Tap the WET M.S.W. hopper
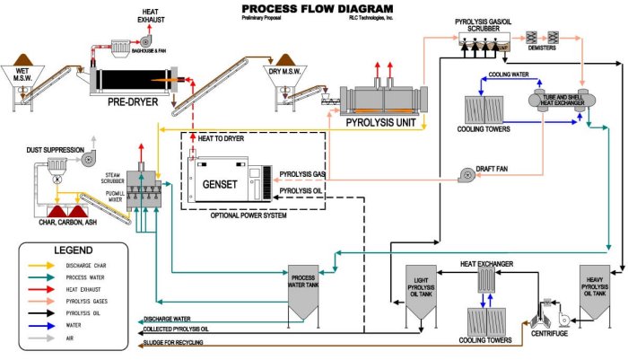click(22, 76)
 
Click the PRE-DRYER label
click(133, 103)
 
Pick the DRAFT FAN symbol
click(468, 174)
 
